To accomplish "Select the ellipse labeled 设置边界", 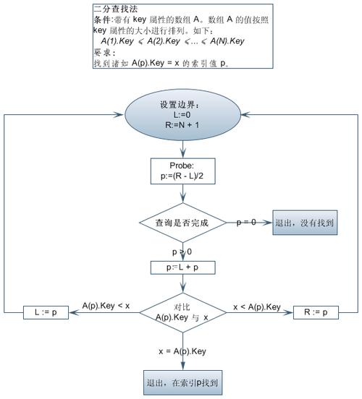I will (184, 115).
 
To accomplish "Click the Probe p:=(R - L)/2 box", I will (184, 171).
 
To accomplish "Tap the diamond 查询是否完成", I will (184, 223).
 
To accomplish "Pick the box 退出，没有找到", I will (305, 223).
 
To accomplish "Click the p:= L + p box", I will (184, 267).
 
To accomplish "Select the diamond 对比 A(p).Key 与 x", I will (184, 312).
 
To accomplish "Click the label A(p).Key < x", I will (106, 306).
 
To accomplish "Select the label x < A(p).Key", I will (256, 306).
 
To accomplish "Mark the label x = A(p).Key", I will (183, 351).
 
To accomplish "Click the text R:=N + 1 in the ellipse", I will (184, 124).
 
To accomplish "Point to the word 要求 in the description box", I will (104, 53).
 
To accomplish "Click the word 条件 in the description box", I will (104, 20).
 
